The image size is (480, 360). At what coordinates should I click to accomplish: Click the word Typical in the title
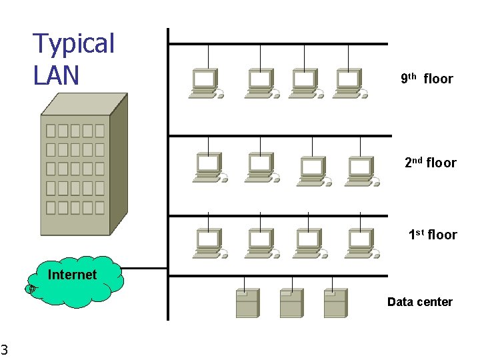pyautogui.click(x=74, y=44)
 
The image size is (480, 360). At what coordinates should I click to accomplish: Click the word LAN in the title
pyautogui.click(x=56, y=75)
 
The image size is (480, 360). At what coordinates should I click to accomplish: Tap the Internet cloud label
pyautogui.click(x=72, y=275)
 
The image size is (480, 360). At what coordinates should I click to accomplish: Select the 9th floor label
pyautogui.click(x=427, y=79)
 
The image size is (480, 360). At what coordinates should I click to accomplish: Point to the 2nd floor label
pyautogui.click(x=431, y=163)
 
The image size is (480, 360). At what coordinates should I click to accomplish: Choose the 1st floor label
pyautogui.click(x=433, y=235)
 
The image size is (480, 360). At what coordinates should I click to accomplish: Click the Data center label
pyautogui.click(x=420, y=302)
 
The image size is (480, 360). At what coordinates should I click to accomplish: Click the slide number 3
pyautogui.click(x=4, y=349)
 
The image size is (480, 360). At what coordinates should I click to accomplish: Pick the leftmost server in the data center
pyautogui.click(x=247, y=303)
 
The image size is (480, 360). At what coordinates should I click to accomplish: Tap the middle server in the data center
pyautogui.click(x=291, y=303)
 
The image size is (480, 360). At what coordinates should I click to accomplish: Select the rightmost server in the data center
pyautogui.click(x=335, y=303)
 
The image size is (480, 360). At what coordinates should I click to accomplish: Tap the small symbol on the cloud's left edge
pyautogui.click(x=31, y=289)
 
